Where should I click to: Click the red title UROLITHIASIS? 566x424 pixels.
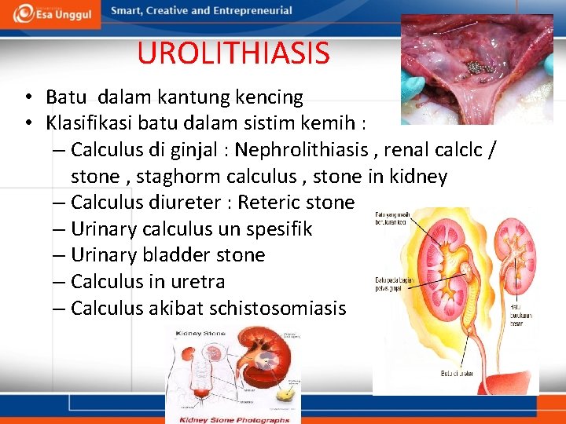point(233,53)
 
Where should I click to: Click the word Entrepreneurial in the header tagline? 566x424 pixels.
point(248,11)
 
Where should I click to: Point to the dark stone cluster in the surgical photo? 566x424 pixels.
point(476,67)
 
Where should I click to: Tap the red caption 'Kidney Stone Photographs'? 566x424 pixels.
point(233,419)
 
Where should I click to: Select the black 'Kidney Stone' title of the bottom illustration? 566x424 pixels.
point(201,334)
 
